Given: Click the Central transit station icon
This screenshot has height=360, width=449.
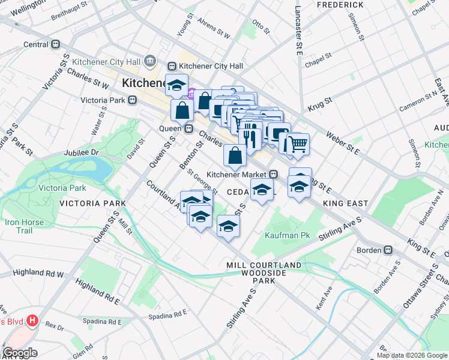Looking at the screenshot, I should (56, 44).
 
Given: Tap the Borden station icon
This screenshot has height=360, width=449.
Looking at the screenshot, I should (388, 250).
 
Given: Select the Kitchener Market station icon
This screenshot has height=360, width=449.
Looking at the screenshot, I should (273, 175).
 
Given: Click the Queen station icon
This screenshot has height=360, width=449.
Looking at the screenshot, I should (188, 128).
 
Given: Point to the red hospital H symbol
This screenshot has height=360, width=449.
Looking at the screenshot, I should (32, 321).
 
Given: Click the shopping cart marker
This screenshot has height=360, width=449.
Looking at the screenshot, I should (297, 145).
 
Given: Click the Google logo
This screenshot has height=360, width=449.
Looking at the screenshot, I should (20, 353).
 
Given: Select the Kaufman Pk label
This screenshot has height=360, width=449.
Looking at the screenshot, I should (288, 235).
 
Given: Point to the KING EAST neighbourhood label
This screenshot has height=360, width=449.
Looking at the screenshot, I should (345, 204).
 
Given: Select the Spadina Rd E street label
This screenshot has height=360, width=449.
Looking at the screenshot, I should (168, 313).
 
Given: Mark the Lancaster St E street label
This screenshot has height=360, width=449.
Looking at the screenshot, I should (298, 30).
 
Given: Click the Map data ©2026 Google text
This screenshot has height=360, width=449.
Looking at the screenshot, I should (412, 355).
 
